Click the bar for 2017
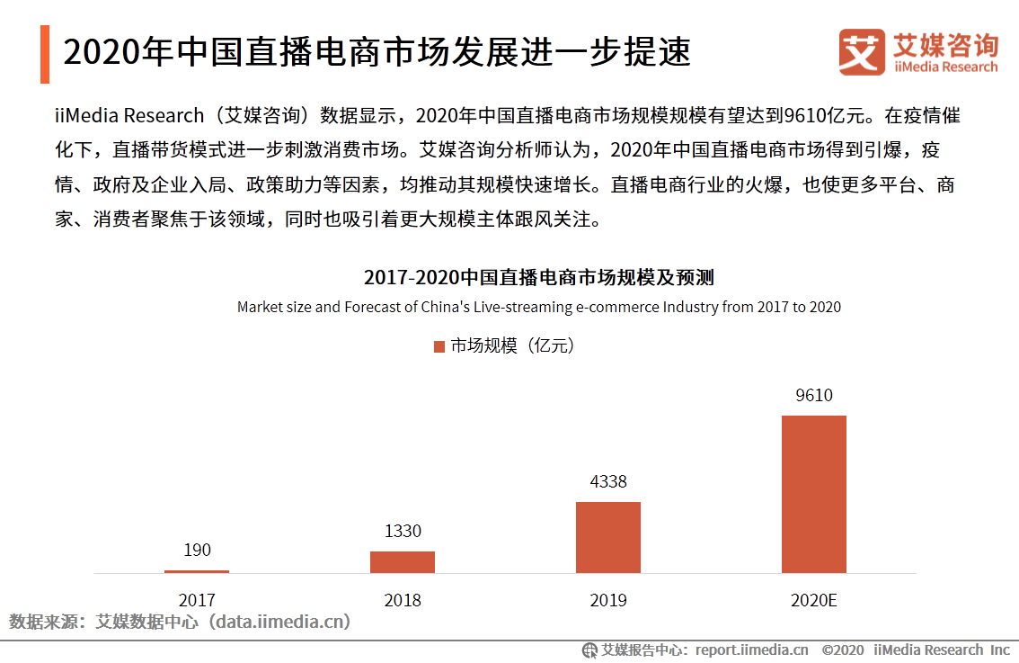[197, 571]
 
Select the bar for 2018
[403, 562]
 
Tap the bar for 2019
[608, 537]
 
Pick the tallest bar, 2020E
[814, 494]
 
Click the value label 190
[197, 550]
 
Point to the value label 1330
[403, 531]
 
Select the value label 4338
[608, 481]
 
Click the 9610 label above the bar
[814, 395]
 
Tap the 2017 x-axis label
[197, 600]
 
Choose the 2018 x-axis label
[403, 600]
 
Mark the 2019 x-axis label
[608, 600]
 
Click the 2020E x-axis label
[814, 600]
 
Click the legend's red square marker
[439, 346]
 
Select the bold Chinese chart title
[538, 277]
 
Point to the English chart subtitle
[538, 307]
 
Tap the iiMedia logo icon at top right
[862, 52]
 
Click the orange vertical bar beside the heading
[45, 54]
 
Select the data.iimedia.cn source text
[279, 622]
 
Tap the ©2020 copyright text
[842, 650]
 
